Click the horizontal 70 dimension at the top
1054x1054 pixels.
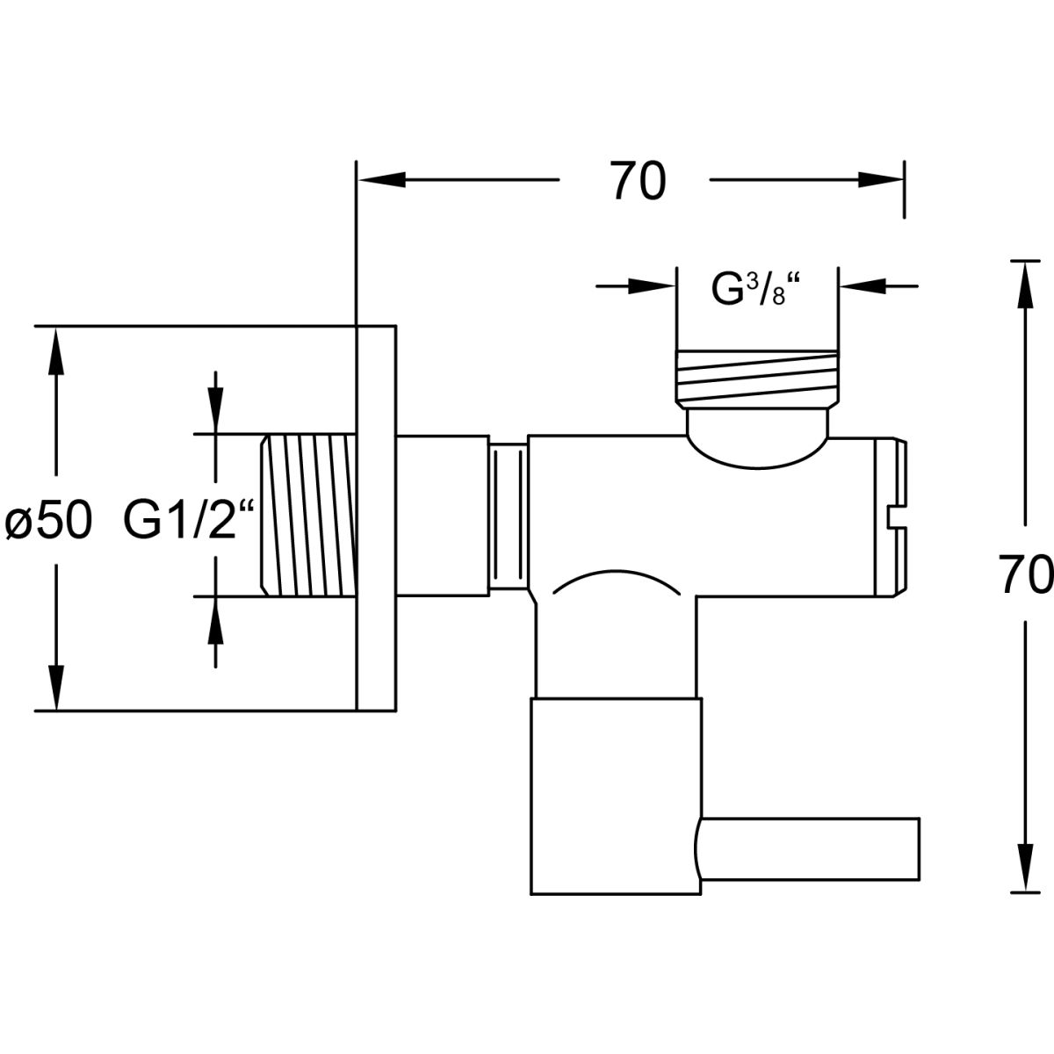click(x=639, y=182)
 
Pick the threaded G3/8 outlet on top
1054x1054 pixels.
click(x=755, y=378)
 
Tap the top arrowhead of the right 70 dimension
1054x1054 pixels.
click(x=1022, y=281)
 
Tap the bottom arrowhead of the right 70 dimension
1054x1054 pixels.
click(x=1022, y=870)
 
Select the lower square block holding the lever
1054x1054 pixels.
click(x=615, y=795)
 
